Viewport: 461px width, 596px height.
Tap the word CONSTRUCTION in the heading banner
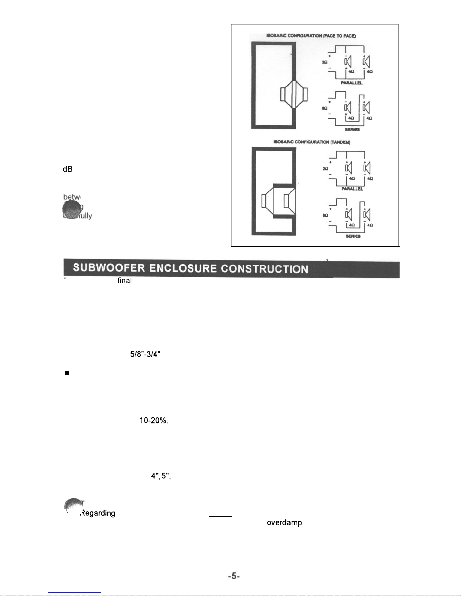(x=265, y=269)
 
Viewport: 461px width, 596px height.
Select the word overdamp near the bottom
(x=284, y=522)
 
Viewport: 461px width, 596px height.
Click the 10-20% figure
(x=154, y=421)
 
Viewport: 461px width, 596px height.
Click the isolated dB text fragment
(x=67, y=169)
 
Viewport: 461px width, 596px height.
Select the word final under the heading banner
(x=125, y=281)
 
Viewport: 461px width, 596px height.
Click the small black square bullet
(x=67, y=373)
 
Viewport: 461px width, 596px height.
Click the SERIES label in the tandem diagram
(x=353, y=236)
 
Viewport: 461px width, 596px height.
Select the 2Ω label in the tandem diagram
(x=325, y=169)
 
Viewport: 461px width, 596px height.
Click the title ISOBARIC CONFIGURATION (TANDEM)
(x=312, y=142)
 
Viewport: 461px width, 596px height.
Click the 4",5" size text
(x=161, y=476)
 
